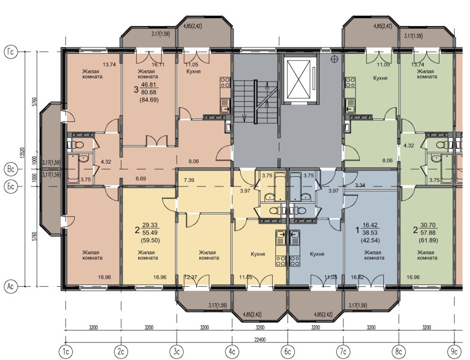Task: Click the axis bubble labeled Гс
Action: (10, 52)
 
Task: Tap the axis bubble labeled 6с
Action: (288, 351)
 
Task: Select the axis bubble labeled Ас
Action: (10, 287)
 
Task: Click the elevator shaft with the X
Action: (299, 79)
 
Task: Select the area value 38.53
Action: (370, 233)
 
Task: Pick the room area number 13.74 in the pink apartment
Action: (109, 64)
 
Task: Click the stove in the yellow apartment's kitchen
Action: (281, 260)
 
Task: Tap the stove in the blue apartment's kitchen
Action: (294, 260)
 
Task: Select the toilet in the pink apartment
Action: (77, 145)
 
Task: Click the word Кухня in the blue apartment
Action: (317, 254)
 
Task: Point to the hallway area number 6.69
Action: (140, 179)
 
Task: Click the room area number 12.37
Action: (191, 277)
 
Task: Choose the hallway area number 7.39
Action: (189, 180)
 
